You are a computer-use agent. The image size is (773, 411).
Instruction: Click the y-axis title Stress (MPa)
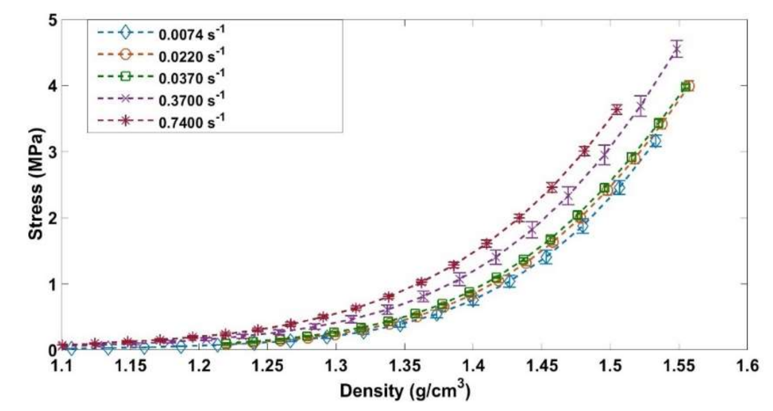coord(36,184)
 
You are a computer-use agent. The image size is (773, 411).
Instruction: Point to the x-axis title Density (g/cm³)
coord(405,390)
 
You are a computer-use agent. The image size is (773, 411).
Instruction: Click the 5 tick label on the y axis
coord(53,20)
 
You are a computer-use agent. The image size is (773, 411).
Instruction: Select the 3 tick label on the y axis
coord(53,152)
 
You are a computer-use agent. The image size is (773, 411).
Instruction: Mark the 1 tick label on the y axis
coord(53,284)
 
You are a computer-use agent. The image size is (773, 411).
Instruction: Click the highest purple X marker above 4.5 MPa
coord(677,49)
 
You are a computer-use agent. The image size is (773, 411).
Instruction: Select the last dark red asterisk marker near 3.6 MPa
coord(617,110)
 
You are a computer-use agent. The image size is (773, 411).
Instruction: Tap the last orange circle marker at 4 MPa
coord(689,86)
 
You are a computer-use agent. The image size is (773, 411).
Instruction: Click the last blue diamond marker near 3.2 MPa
coord(656,141)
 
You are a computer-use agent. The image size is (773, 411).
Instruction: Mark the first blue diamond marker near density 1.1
coord(72,349)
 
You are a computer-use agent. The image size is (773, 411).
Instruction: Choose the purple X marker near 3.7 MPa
coord(641,105)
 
